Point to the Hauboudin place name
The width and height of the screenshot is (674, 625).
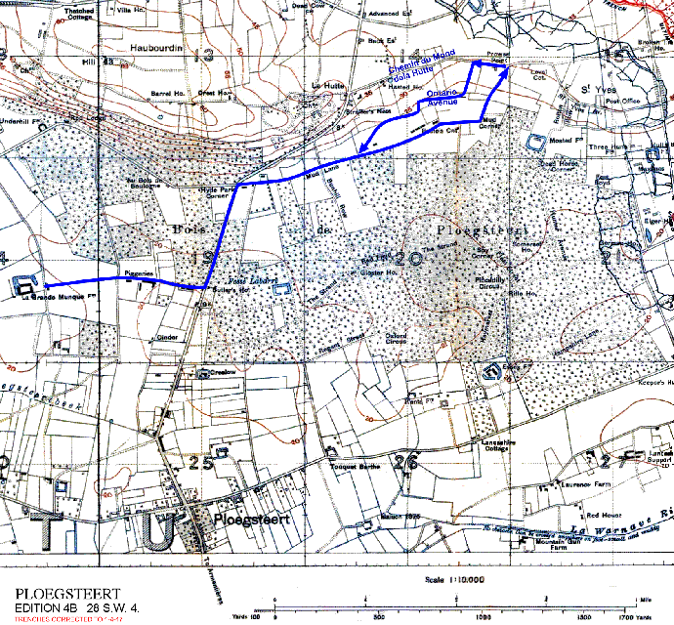pos(155,47)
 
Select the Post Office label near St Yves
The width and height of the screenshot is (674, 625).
pos(621,100)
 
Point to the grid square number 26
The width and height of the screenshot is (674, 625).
pos(407,462)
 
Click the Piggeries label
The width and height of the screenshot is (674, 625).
pos(136,275)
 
